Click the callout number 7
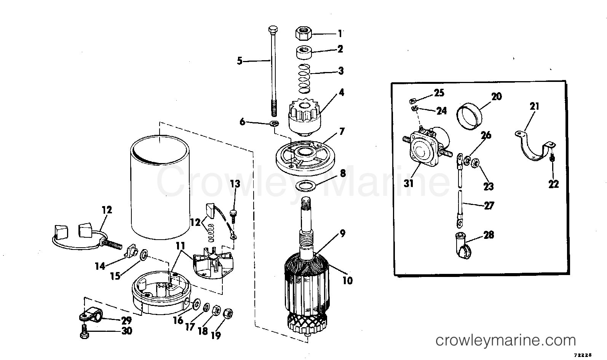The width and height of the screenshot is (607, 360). click(x=342, y=131)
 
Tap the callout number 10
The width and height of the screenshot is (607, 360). click(x=347, y=281)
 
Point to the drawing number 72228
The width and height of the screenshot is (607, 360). click(x=583, y=355)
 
